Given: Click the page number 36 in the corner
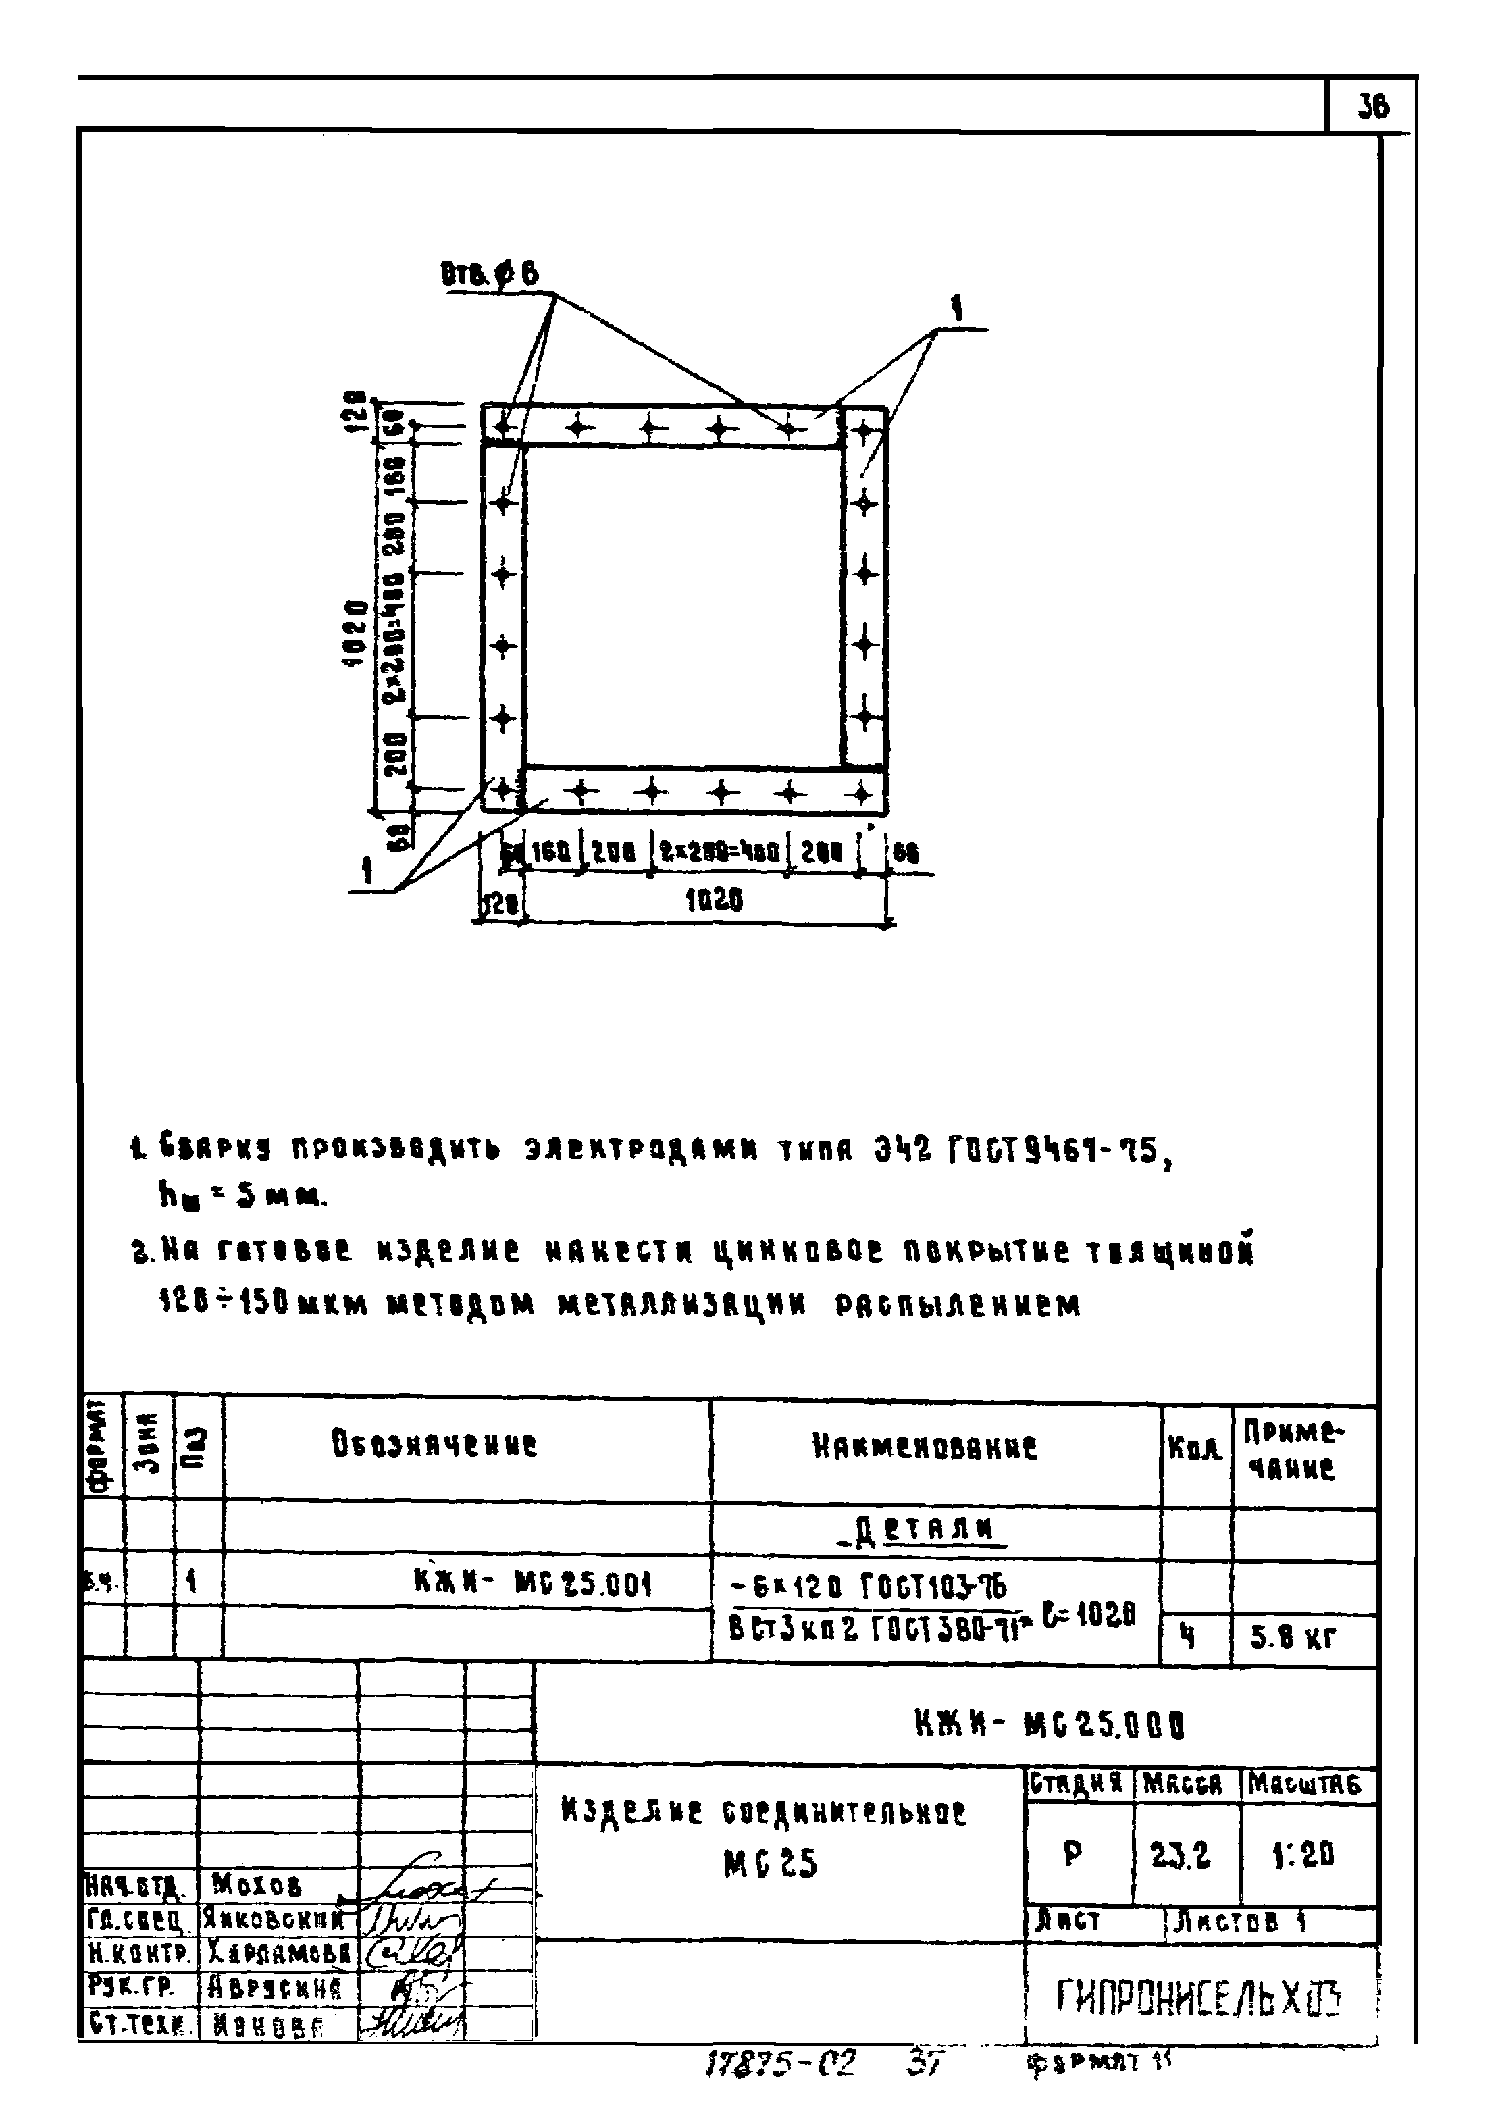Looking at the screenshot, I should pyautogui.click(x=1374, y=107).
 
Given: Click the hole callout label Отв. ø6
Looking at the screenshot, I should pyautogui.click(x=490, y=275).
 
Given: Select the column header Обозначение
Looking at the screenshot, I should pyautogui.click(x=434, y=1445).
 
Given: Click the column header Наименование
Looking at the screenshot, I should pyautogui.click(x=925, y=1446).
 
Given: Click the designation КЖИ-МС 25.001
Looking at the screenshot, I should pyautogui.click(x=533, y=1584).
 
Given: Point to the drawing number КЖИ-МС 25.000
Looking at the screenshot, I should pyautogui.click(x=1050, y=1724).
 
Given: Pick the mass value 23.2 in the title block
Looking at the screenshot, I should pyautogui.click(x=1181, y=1853).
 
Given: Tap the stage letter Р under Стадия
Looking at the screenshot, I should pyautogui.click(x=1072, y=1853).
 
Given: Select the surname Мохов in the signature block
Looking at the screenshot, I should pyautogui.click(x=256, y=1882).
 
